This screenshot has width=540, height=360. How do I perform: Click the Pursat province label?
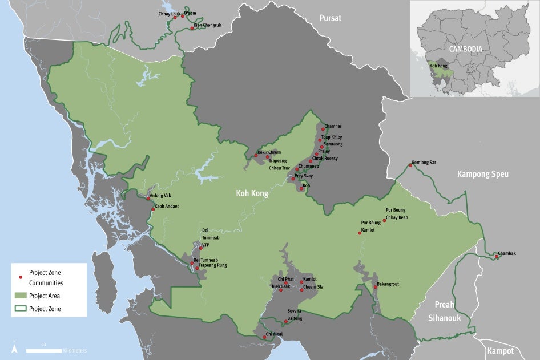tap(331, 18)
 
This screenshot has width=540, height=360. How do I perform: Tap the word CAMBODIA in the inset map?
tap(465, 49)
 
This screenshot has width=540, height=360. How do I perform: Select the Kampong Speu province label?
tap(482, 174)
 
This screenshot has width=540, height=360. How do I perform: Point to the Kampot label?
tap(501, 351)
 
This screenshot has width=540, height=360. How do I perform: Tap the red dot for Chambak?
tap(497, 257)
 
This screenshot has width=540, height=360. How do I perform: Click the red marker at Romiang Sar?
tap(410, 165)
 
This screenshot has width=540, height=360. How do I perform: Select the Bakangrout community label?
tap(388, 284)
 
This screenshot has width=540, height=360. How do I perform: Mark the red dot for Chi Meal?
tap(264, 337)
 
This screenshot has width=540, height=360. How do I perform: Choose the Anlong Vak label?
tap(160, 196)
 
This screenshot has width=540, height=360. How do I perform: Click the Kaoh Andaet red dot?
tap(152, 209)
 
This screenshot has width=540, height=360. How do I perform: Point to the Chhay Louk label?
tap(169, 13)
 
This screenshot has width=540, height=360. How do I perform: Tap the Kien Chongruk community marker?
tap(192, 28)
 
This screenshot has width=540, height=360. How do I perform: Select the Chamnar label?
tap(333, 126)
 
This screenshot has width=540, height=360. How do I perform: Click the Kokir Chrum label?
tap(269, 152)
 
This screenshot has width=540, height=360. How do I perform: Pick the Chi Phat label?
tap(285, 279)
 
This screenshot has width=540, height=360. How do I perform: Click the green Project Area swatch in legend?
tap(21, 296)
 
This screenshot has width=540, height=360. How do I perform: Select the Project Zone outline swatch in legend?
tap(21, 309)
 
